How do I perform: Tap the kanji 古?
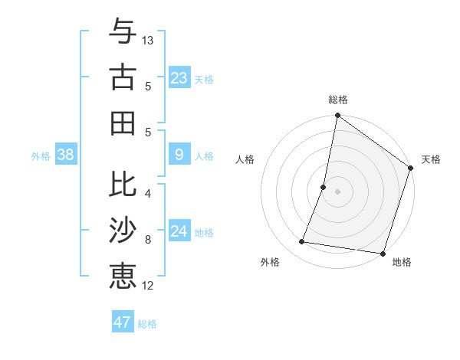pos(123,78)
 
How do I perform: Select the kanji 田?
pos(123,123)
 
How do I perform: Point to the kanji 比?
pos(123,186)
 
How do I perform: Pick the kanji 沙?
pos(123,231)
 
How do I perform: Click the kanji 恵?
pos(123,275)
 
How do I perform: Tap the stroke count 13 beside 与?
pos(149,40)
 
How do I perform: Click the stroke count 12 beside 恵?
pos(149,286)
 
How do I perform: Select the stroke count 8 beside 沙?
pos(148,240)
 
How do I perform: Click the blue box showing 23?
pos(179,78)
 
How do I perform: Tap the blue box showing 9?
pos(179,155)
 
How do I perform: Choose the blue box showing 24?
pos(179,231)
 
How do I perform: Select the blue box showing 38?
pos(66,155)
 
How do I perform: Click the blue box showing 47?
pos(123,322)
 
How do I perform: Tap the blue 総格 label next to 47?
pos(147,324)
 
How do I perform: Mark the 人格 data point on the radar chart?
pos(324,187)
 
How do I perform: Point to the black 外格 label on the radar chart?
pos(270,262)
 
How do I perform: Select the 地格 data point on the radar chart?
pos(382,253)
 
